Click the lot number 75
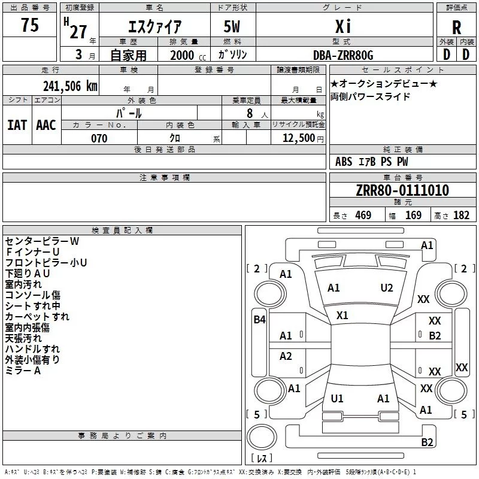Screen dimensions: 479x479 (x=30, y=25)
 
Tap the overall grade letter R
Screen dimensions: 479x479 (x=456, y=28)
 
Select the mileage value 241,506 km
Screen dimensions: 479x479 (x=70, y=86)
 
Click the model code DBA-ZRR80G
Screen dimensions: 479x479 (x=343, y=55)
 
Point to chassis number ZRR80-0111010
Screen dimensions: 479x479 (x=402, y=190)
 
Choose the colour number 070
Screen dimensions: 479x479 (x=99, y=138)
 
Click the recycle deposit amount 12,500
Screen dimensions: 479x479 (x=298, y=138)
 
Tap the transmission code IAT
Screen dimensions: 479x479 (x=17, y=125)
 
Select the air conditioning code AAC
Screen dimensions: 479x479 (x=46, y=125)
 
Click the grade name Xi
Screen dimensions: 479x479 (x=343, y=27)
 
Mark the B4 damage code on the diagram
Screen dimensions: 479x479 (x=259, y=320)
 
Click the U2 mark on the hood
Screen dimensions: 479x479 (x=387, y=288)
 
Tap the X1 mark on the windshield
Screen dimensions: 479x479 (x=342, y=316)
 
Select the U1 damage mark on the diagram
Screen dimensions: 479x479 (x=337, y=398)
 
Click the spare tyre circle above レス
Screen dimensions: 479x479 (x=261, y=437)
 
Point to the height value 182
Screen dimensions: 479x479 (x=461, y=215)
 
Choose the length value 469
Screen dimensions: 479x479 (x=363, y=215)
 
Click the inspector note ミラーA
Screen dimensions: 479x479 (x=23, y=371)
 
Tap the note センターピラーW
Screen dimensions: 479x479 (x=42, y=241)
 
